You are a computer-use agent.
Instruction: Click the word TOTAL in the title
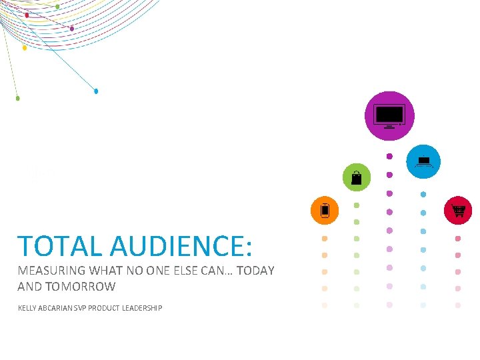(61, 246)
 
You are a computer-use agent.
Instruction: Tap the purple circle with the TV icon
(389, 116)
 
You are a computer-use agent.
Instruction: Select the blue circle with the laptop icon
(423, 161)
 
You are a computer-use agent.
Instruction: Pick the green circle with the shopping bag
(356, 177)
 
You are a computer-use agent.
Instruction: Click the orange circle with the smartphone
(325, 211)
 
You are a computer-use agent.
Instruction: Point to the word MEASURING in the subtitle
(51, 271)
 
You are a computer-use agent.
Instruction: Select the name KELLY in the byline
(28, 308)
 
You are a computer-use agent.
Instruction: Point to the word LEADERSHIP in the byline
(141, 308)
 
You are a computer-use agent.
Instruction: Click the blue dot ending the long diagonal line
(96, 91)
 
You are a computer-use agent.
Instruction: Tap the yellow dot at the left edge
(25, 48)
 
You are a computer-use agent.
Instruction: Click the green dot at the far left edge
(17, 98)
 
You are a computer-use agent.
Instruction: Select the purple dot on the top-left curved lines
(72, 29)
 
